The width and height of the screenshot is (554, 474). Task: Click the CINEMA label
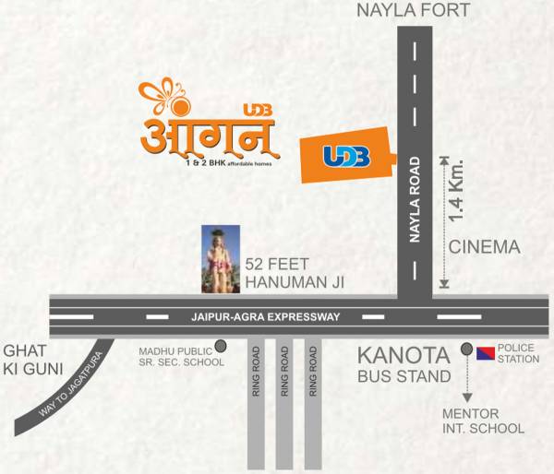tap(485, 247)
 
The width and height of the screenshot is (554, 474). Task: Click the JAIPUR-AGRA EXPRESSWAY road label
tap(267, 316)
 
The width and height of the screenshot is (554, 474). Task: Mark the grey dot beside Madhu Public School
tap(221, 347)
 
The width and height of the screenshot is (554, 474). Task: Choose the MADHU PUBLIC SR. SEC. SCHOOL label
tap(181, 356)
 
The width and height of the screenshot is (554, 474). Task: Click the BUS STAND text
tap(404, 376)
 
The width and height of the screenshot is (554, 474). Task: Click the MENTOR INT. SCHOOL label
tap(483, 421)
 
